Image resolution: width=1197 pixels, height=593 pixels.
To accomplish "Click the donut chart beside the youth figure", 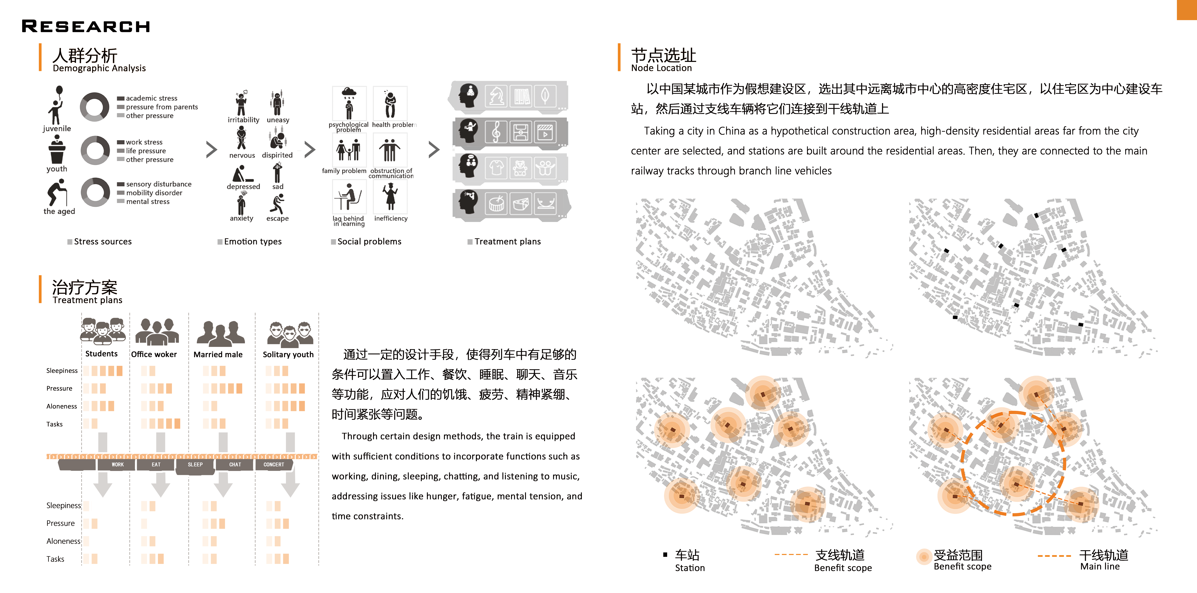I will (95, 150).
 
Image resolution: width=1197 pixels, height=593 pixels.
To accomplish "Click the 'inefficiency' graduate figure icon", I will (390, 196).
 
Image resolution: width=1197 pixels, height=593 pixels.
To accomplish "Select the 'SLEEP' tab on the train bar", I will (195, 465).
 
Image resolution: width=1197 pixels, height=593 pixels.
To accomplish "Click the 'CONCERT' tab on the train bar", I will (274, 465).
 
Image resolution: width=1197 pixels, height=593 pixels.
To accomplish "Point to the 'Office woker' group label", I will (154, 354).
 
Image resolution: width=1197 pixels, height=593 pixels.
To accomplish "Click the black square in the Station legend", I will (665, 554).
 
